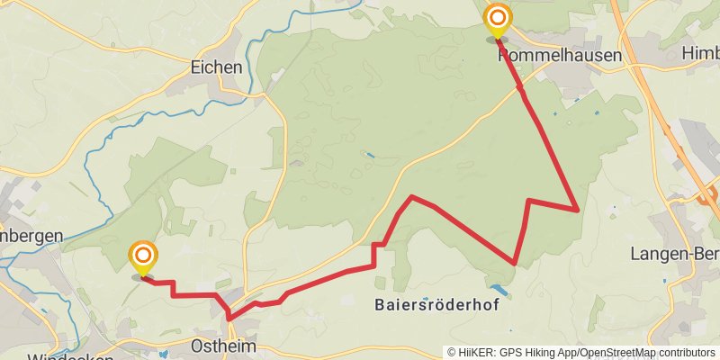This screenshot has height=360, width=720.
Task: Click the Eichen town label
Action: [217, 67]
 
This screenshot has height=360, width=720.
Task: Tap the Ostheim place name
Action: [224, 346]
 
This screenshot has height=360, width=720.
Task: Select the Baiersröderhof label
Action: [436, 305]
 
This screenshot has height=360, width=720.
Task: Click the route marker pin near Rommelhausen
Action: [497, 22]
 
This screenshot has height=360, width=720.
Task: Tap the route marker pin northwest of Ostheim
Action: [142, 259]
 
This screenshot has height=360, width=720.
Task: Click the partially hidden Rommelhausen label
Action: [559, 56]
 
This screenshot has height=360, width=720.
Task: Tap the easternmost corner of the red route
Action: [577, 209]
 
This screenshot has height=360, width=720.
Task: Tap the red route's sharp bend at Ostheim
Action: [230, 318]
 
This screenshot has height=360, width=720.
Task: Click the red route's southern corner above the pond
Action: [514, 264]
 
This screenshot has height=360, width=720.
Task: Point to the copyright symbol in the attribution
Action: [453, 353]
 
